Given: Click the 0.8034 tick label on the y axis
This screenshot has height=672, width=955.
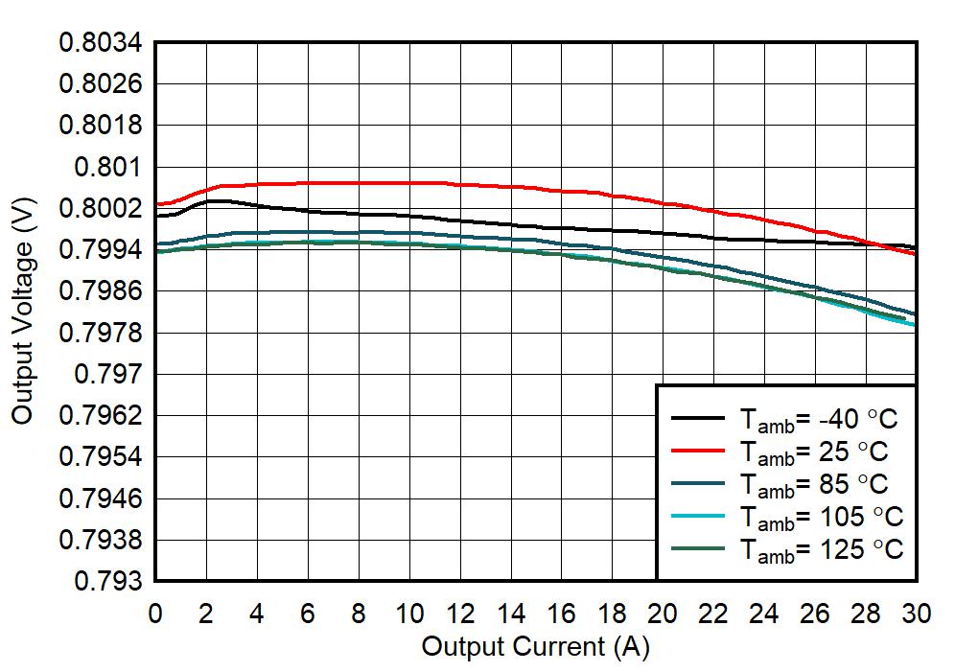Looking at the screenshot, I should (100, 43).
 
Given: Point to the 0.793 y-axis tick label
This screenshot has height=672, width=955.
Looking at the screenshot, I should (106, 582).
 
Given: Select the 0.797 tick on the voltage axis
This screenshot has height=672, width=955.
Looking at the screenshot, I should (106, 374).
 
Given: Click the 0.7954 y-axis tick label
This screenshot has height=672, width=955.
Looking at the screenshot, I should (100, 457).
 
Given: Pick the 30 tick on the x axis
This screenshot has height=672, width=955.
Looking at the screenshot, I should (917, 614).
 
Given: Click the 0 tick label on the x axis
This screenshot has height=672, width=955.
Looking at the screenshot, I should (155, 614).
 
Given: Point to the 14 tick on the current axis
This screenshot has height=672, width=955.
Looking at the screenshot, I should (511, 614).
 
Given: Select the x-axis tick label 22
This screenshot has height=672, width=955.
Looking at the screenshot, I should (713, 614).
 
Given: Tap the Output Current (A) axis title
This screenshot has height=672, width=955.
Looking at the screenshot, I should (535, 647).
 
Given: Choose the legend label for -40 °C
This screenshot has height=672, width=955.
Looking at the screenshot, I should (820, 419).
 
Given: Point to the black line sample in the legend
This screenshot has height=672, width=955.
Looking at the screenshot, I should (698, 418).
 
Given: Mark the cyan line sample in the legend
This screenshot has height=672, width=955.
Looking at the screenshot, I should (698, 516).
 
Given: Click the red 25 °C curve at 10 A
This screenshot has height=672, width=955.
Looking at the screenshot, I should (409, 182).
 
